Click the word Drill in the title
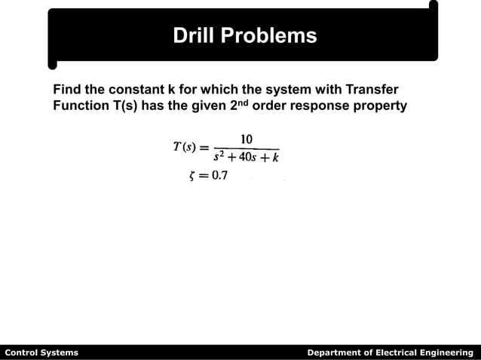pos(195,35)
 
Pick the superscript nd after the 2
pos(241,102)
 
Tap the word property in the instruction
pos(381,106)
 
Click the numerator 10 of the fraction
pos(246,139)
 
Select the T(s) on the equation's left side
pos(185,148)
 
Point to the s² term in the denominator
pos(221,157)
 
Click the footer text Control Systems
pos(41,352)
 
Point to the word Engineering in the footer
pos(446,352)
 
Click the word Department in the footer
pos(333,352)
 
